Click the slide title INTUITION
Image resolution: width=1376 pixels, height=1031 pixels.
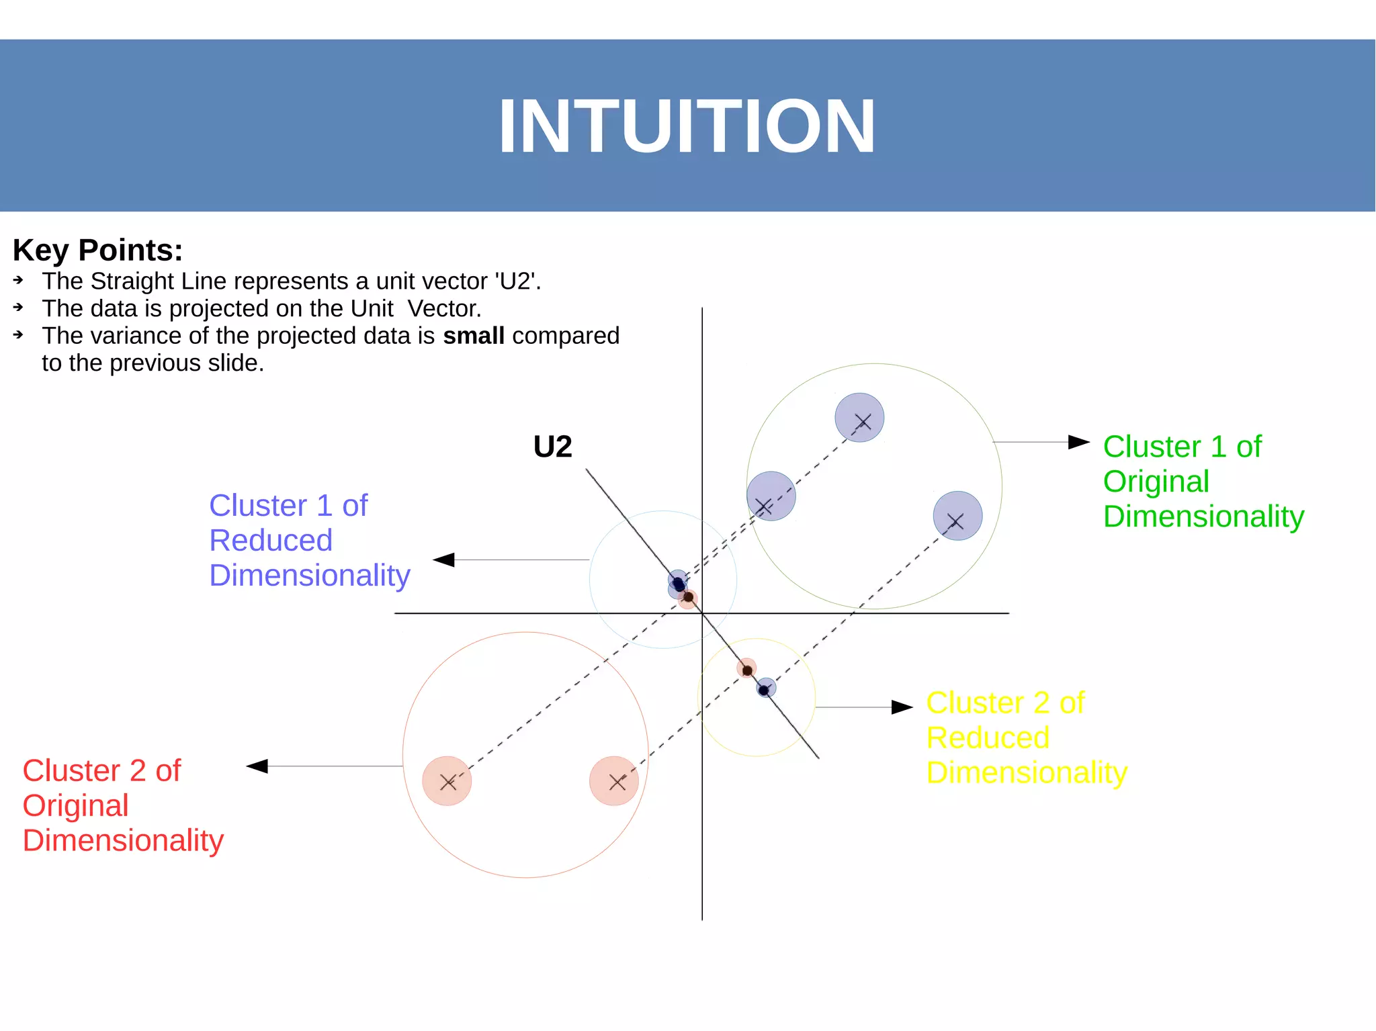pyautogui.click(x=687, y=126)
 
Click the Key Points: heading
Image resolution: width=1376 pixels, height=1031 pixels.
pyautogui.click(x=97, y=251)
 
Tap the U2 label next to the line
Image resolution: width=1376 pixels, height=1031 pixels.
pyautogui.click(x=552, y=447)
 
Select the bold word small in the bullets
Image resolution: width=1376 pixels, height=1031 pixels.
pyautogui.click(x=474, y=336)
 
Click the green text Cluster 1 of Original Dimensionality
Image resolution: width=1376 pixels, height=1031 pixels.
pyautogui.click(x=1203, y=482)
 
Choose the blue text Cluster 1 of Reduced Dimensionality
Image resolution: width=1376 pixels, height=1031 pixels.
pyautogui.click(x=309, y=541)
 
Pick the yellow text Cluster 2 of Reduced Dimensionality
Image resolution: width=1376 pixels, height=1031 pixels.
pyautogui.click(x=1026, y=738)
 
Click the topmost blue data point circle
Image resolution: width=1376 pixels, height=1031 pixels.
pyautogui.click(x=859, y=418)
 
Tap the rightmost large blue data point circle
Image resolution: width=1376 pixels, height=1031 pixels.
pyautogui.click(x=957, y=516)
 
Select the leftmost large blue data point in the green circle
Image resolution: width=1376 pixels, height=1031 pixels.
pyautogui.click(x=771, y=496)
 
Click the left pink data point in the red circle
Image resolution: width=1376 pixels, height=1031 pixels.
pyautogui.click(x=447, y=780)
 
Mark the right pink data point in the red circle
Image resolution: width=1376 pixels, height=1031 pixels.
pyautogui.click(x=614, y=780)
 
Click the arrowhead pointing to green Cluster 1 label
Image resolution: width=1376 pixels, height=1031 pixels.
pyautogui.click(x=1078, y=442)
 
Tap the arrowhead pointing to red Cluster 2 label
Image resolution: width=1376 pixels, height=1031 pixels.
pyautogui.click(x=257, y=766)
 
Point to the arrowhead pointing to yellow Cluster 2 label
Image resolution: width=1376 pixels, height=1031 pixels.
pyautogui.click(x=902, y=707)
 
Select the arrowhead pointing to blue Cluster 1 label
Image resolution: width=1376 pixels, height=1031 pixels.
pyautogui.click(x=444, y=559)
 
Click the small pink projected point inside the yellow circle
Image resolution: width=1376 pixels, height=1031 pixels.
pyautogui.click(x=746, y=669)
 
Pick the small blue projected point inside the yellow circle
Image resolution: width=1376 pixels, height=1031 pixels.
pyautogui.click(x=765, y=688)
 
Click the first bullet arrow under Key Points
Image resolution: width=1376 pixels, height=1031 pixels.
pyautogui.click(x=19, y=280)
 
